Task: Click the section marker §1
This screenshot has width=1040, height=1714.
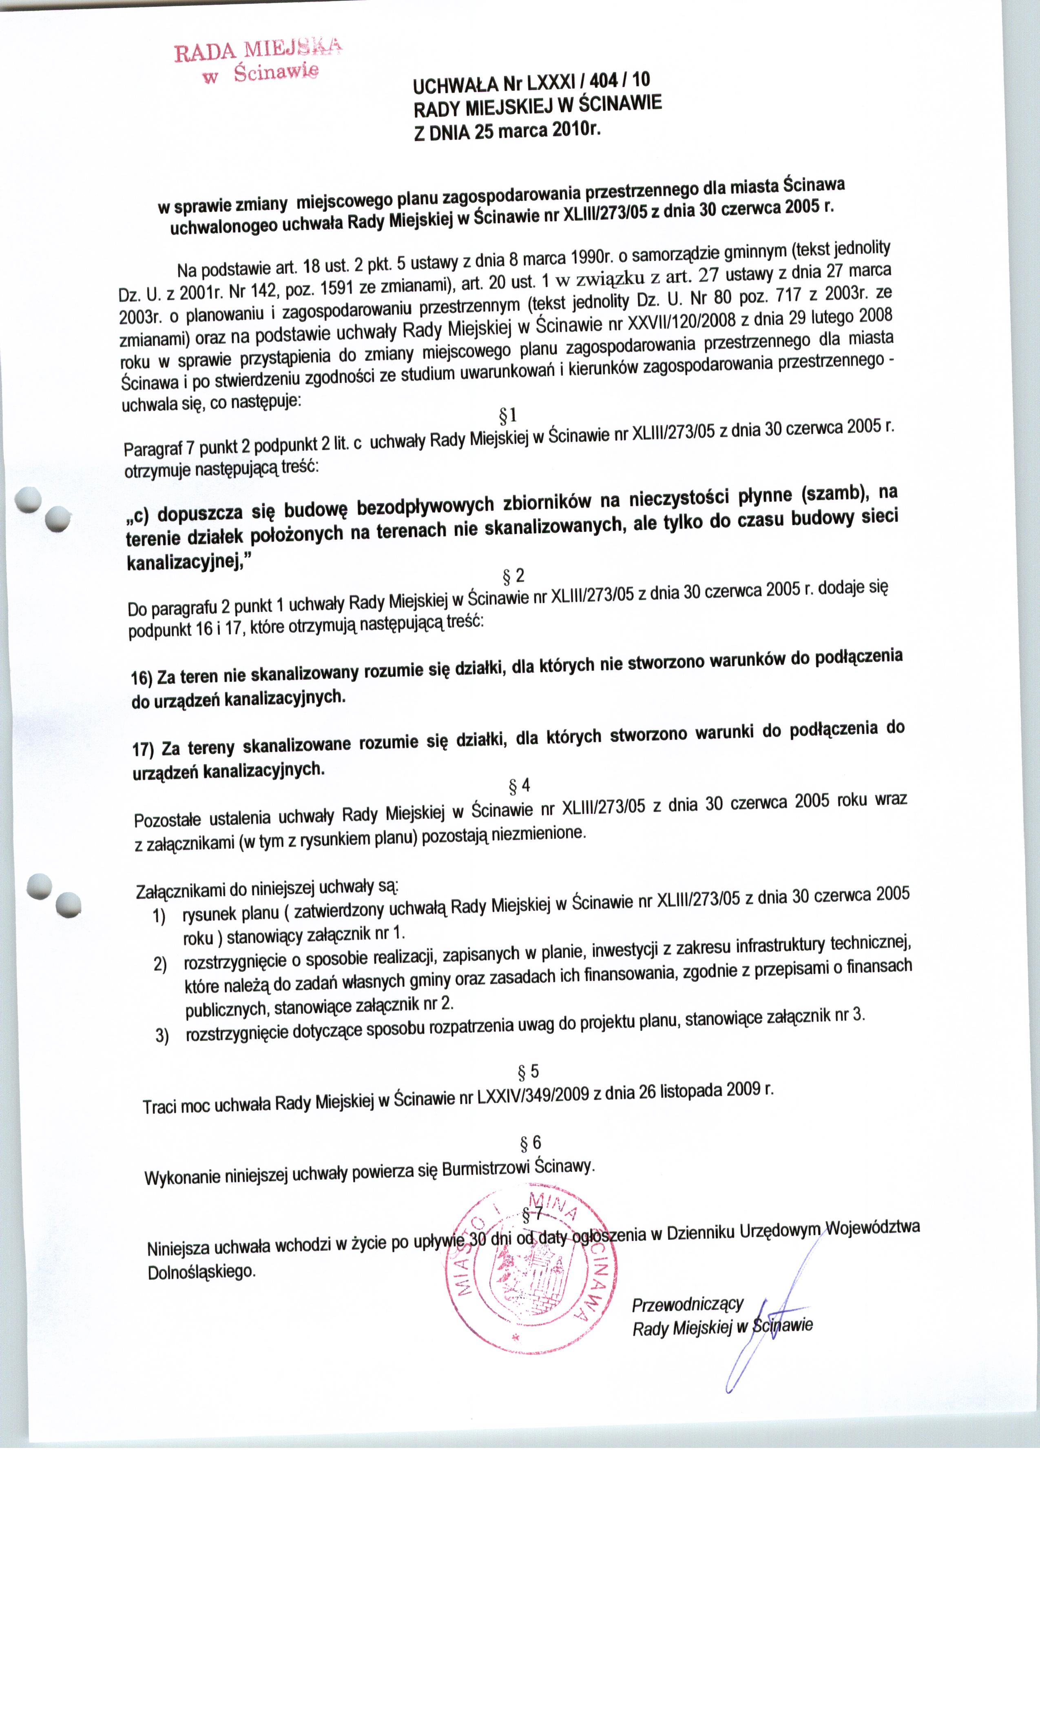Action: [508, 415]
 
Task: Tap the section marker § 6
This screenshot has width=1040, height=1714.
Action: [531, 1143]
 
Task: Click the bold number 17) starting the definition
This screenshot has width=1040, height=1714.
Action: [142, 749]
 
